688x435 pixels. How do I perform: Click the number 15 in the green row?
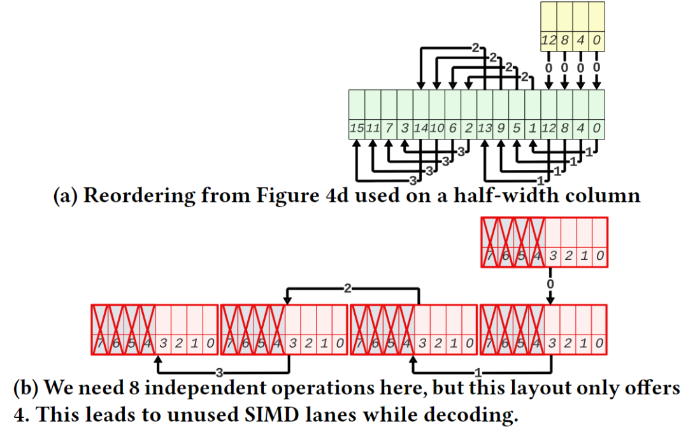coord(356,128)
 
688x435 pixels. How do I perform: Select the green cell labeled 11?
coord(373,115)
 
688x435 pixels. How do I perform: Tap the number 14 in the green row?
coord(421,128)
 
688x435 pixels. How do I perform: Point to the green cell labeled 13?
coord(485,115)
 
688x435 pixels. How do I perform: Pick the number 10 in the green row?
coord(436,128)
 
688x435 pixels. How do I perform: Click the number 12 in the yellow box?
coord(548,40)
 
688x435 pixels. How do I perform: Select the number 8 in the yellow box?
coord(564,40)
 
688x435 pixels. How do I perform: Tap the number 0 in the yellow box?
coord(597,40)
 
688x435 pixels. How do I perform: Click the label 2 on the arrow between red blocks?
coord(348,289)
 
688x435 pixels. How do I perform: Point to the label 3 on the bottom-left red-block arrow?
coord(219,373)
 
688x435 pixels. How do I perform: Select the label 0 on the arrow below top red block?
coord(550,284)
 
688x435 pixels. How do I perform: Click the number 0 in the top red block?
coord(600,255)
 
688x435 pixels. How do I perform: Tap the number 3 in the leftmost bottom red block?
coord(163,343)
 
